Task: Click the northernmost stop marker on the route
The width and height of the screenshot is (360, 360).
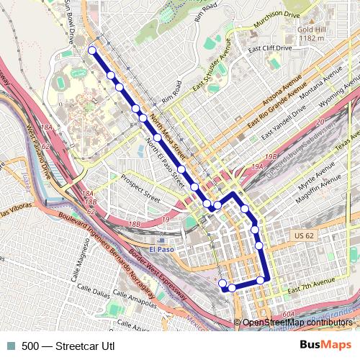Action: tap(91, 50)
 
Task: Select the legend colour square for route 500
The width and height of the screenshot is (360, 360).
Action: tap(9, 346)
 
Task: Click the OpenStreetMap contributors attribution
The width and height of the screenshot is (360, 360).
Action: tap(297, 323)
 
